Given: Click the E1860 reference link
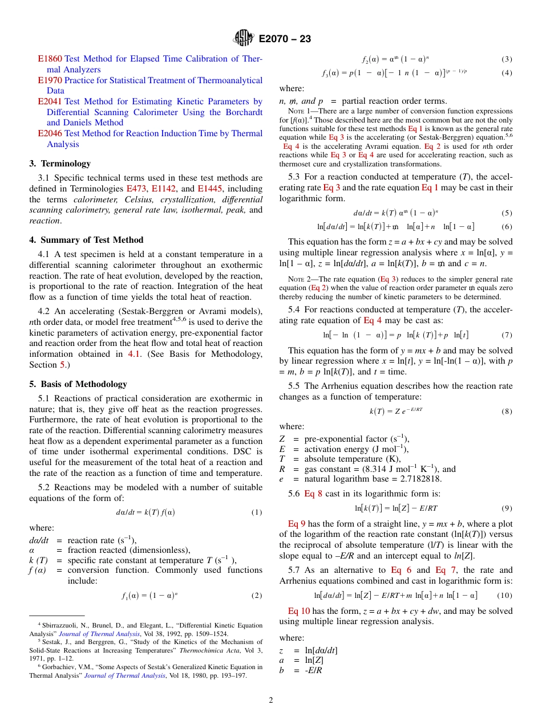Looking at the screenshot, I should pyautogui.click(x=50, y=59).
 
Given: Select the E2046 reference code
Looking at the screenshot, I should pyautogui.click(x=50, y=133).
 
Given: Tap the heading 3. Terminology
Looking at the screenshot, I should pyautogui.click(x=60, y=164).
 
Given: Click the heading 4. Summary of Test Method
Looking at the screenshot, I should pyautogui.click(x=86, y=240).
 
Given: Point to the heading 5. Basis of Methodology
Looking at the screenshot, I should pyautogui.click(x=78, y=384).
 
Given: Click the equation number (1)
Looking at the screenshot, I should pyautogui.click(x=256, y=512).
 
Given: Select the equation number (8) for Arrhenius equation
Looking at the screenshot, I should pyautogui.click(x=507, y=411).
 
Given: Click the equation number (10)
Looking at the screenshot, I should pyautogui.click(x=504, y=595).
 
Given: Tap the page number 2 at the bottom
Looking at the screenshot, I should pyautogui.click(x=271, y=700).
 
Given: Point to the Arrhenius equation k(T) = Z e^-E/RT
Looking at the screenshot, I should pyautogui.click(x=396, y=411).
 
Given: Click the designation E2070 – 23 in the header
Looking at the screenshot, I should pyautogui.click(x=285, y=39).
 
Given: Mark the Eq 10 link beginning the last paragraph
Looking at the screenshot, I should pyautogui.click(x=299, y=611).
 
